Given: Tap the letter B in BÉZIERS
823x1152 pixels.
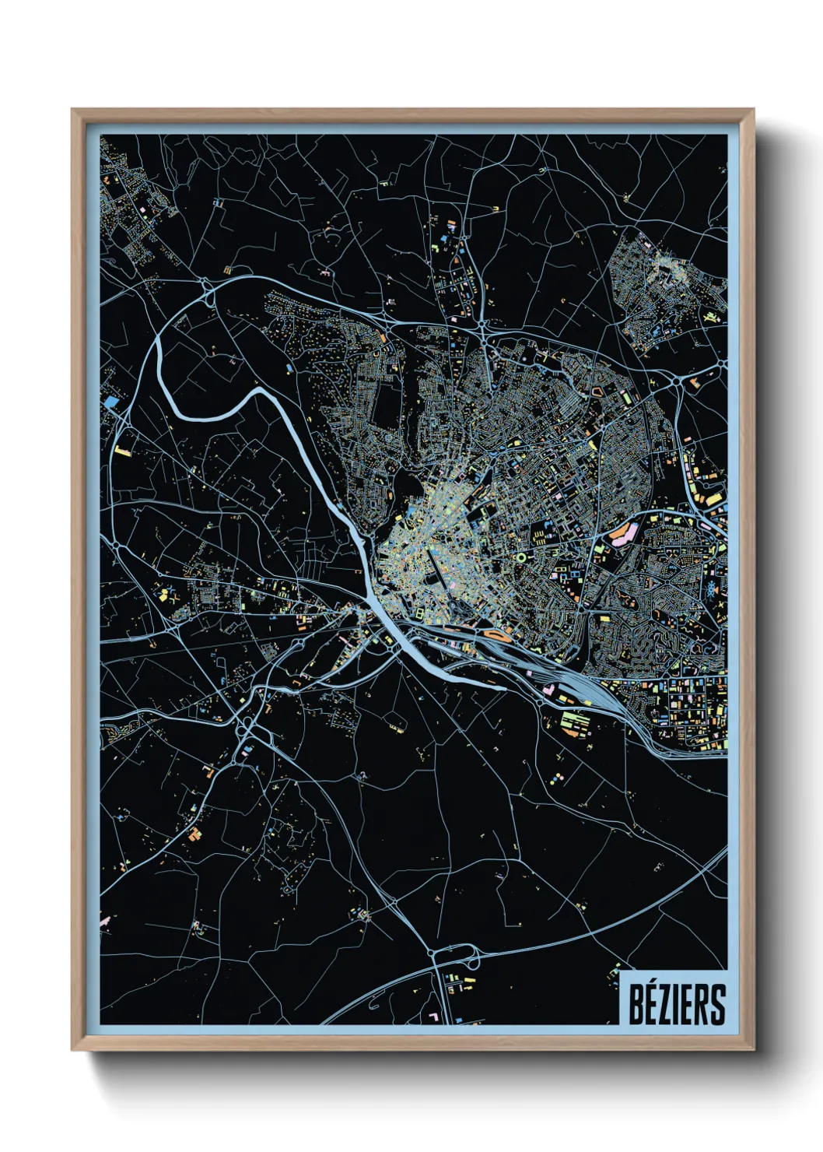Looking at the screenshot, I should click(636, 1005).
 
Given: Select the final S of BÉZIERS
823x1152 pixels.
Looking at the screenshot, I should click(716, 1005).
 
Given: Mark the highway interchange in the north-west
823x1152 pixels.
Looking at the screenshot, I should click(208, 293).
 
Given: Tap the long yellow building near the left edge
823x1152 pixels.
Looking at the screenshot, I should click(121, 450).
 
